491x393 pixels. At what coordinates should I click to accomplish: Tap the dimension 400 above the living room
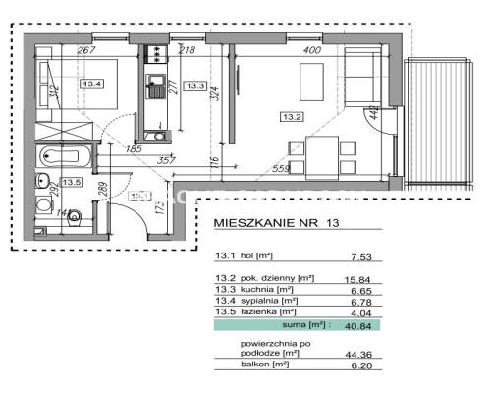click(x=312, y=49)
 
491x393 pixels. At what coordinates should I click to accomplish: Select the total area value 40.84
click(x=360, y=323)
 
